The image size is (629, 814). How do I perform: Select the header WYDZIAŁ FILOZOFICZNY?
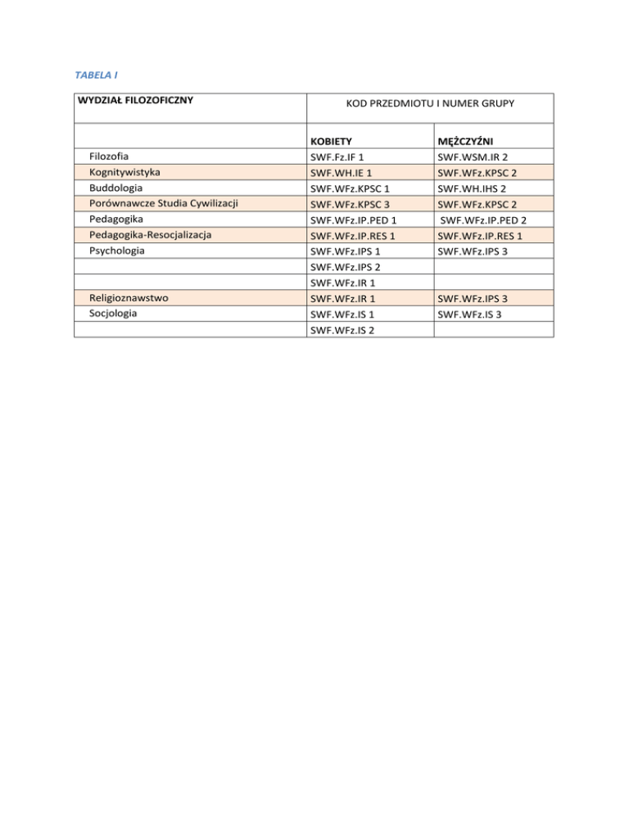tap(134, 101)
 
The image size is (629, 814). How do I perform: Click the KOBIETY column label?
tap(332, 141)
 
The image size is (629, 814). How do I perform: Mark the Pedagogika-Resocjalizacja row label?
tap(151, 235)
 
